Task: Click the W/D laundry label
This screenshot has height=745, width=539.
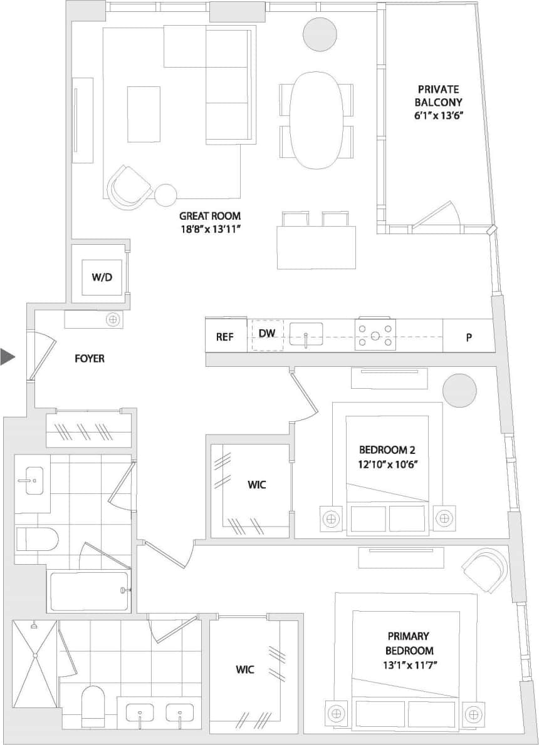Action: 102,277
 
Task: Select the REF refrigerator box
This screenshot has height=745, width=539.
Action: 225,336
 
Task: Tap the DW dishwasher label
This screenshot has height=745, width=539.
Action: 268,334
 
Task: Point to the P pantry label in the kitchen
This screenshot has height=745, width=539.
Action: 468,337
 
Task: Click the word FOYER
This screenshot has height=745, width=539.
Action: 90,359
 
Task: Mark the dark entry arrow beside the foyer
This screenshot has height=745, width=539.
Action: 8,357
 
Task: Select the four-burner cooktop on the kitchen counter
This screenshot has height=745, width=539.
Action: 375,336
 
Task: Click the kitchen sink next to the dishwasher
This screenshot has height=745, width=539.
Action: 306,335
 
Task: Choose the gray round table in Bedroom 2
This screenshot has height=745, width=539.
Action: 459,391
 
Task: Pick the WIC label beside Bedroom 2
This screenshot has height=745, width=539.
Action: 257,485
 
